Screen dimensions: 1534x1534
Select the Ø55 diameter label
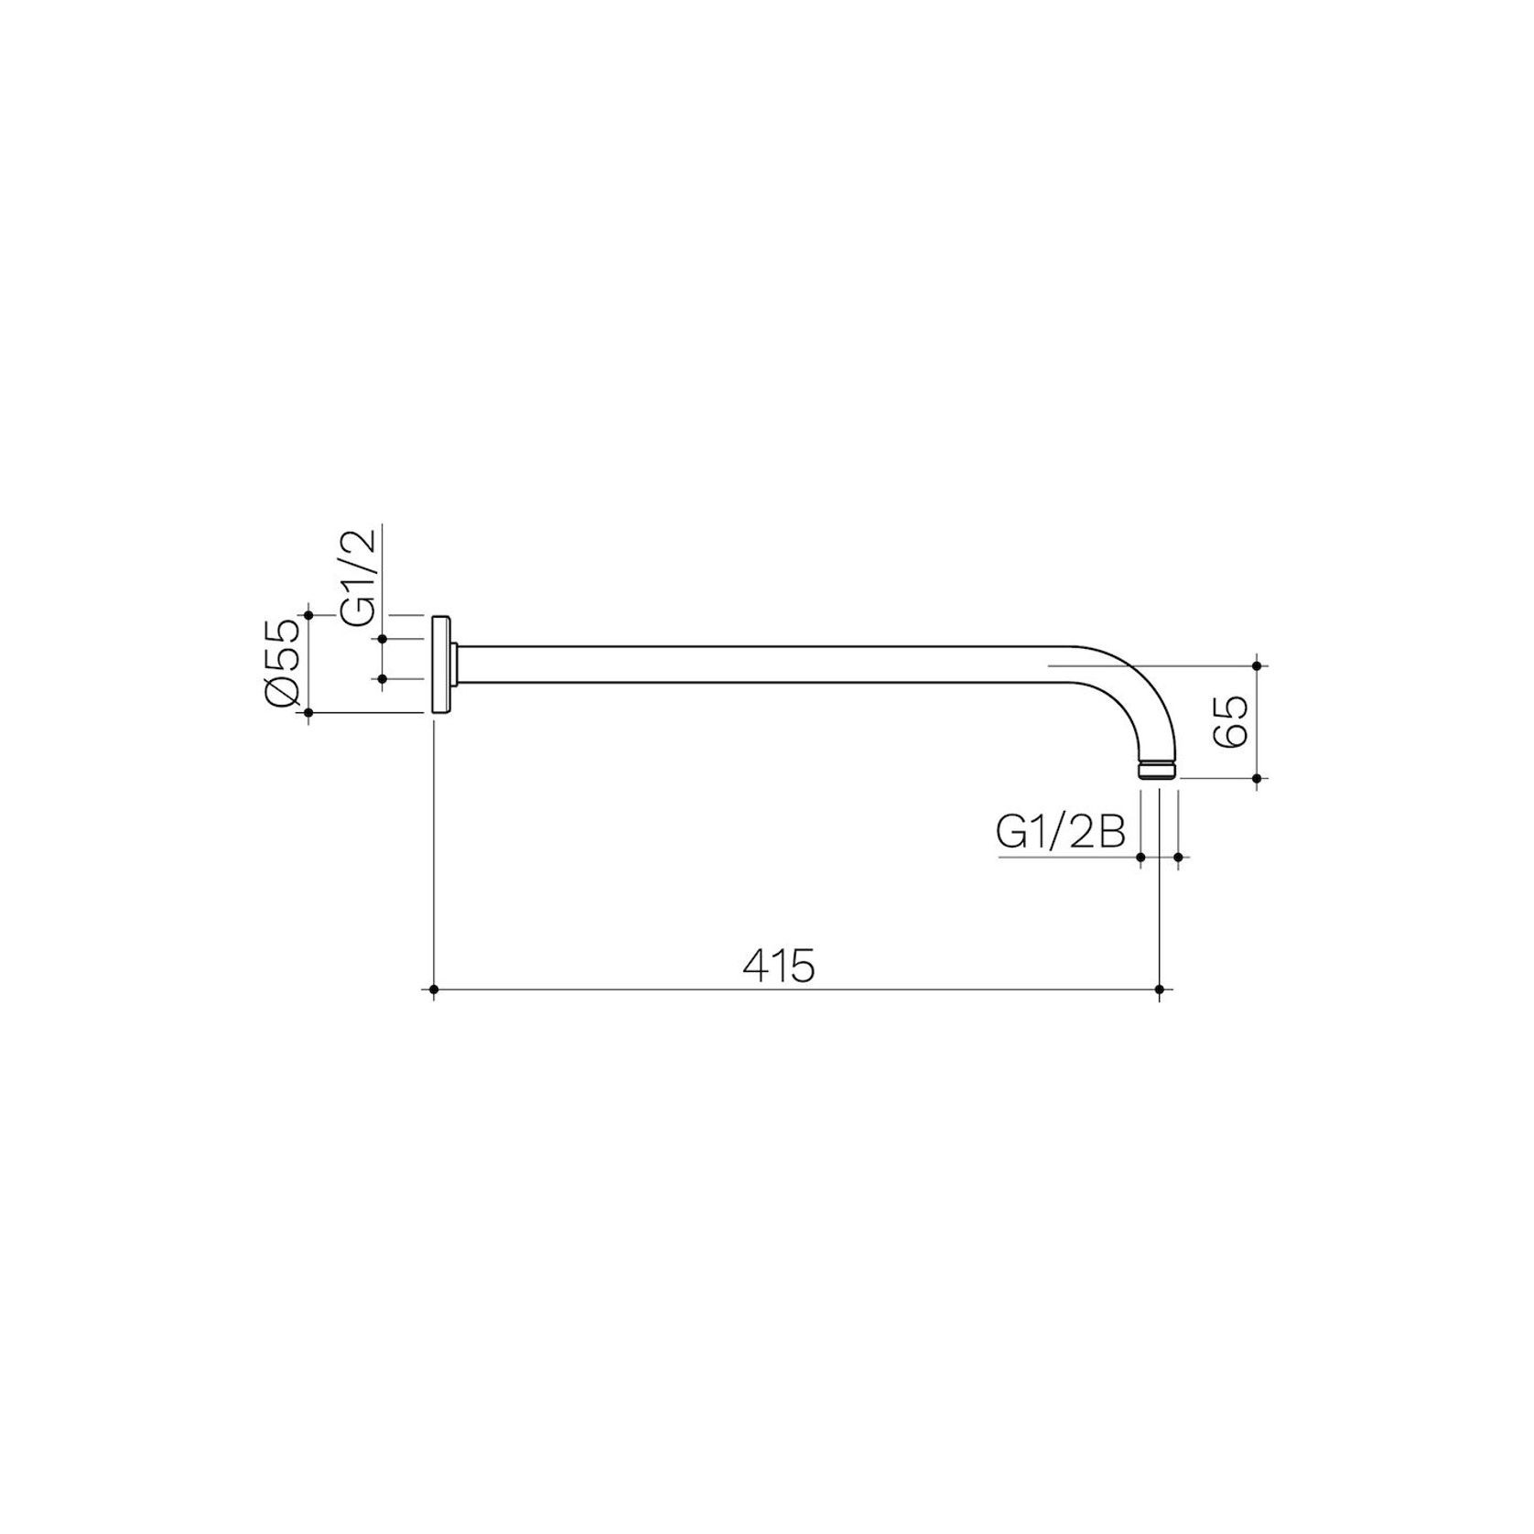tap(282, 664)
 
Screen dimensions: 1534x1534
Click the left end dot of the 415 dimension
tap(433, 989)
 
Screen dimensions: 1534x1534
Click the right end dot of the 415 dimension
tap(1160, 989)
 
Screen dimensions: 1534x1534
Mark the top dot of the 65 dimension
tap(1257, 665)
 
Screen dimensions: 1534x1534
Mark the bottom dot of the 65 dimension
tap(1257, 778)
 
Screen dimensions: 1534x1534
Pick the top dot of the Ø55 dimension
tap(308, 615)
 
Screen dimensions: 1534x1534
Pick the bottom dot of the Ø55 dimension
tap(308, 712)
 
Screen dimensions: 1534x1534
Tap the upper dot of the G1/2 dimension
tap(382, 638)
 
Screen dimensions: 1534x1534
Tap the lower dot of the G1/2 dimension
tap(382, 678)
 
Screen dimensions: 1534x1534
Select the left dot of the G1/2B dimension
tap(1141, 857)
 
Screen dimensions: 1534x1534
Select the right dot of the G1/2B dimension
tap(1178, 857)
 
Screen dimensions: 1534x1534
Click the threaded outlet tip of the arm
tap(1158, 769)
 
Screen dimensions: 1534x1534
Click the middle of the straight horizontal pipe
tap(760, 664)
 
